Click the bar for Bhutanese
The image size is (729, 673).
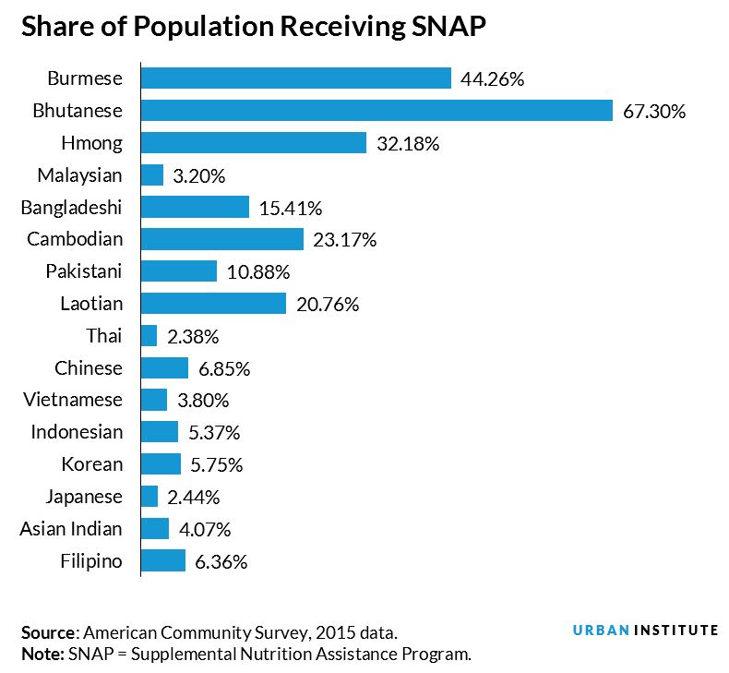point(376,111)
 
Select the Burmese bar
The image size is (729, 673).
point(295,78)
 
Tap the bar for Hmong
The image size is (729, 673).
point(254,143)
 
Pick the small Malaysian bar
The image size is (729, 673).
point(152,175)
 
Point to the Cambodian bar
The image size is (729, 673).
point(222,239)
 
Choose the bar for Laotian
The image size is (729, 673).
point(213,303)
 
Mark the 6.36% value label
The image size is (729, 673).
point(221,561)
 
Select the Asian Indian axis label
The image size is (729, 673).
point(71,529)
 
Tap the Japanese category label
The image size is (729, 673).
point(83,497)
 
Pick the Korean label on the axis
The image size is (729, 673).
point(91,464)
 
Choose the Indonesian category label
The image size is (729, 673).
point(77,432)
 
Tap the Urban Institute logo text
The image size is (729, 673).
point(645,630)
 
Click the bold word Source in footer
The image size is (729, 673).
point(49,633)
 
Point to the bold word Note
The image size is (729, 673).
point(41,655)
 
